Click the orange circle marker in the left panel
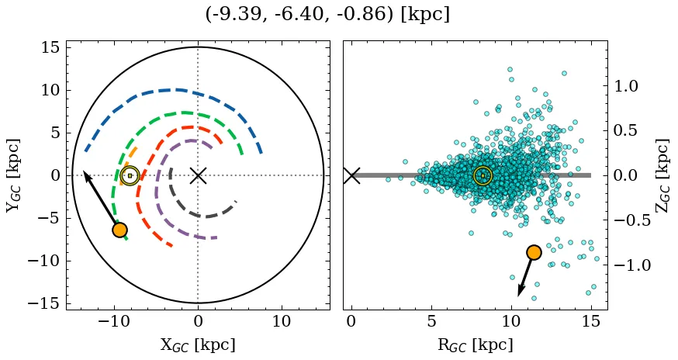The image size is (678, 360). point(119,230)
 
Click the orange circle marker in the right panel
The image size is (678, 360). point(534,252)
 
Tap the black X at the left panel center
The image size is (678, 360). point(198,175)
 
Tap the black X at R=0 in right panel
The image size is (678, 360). point(351,175)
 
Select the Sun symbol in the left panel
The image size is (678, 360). point(130,176)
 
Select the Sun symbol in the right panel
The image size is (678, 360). point(483,176)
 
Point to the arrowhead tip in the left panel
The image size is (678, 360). point(84,171)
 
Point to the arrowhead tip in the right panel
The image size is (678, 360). point(519,296)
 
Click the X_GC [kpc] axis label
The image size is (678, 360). point(198,345)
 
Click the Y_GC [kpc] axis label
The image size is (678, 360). point(12,175)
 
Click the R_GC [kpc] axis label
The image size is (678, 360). point(475,345)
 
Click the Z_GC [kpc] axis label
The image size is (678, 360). point(662,175)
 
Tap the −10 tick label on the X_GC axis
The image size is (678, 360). point(114,321)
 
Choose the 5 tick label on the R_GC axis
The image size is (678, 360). point(431,321)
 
